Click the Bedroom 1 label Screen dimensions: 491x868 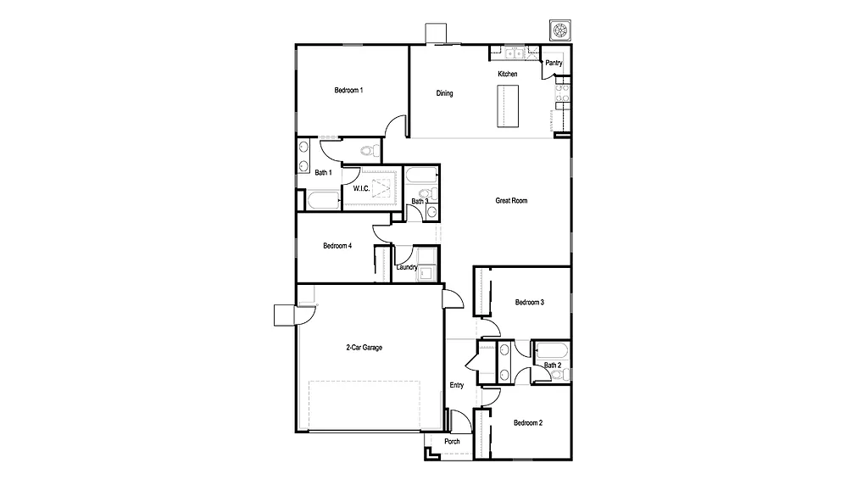pyautogui.click(x=348, y=90)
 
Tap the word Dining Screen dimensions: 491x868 pyautogui.click(x=444, y=93)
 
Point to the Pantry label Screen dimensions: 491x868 pyautogui.click(x=554, y=63)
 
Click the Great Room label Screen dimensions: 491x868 pyautogui.click(x=511, y=201)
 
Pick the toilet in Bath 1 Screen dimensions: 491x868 pyautogui.click(x=369, y=151)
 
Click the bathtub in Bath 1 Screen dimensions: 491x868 pyautogui.click(x=323, y=201)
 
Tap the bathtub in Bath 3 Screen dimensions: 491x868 pyautogui.click(x=420, y=176)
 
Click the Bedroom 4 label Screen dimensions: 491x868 pyautogui.click(x=337, y=246)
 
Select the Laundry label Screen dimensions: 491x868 pyautogui.click(x=406, y=267)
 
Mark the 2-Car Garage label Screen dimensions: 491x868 pyautogui.click(x=364, y=347)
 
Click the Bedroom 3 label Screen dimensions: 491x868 pyautogui.click(x=529, y=303)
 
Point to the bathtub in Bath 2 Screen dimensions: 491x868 pyautogui.click(x=551, y=350)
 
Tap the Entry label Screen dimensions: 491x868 pyautogui.click(x=457, y=386)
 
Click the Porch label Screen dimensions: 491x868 pyautogui.click(x=453, y=441)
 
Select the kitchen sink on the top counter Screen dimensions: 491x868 pyautogui.click(x=512, y=55)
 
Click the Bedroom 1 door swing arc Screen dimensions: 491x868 pyautogui.click(x=395, y=125)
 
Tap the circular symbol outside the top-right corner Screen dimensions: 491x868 pyautogui.click(x=559, y=31)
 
